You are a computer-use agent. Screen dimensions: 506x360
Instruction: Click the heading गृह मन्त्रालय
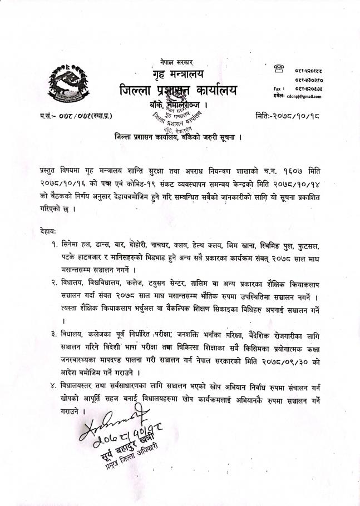pos(178,73)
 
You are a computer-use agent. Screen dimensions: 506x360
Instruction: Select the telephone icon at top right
pos(279,70)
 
